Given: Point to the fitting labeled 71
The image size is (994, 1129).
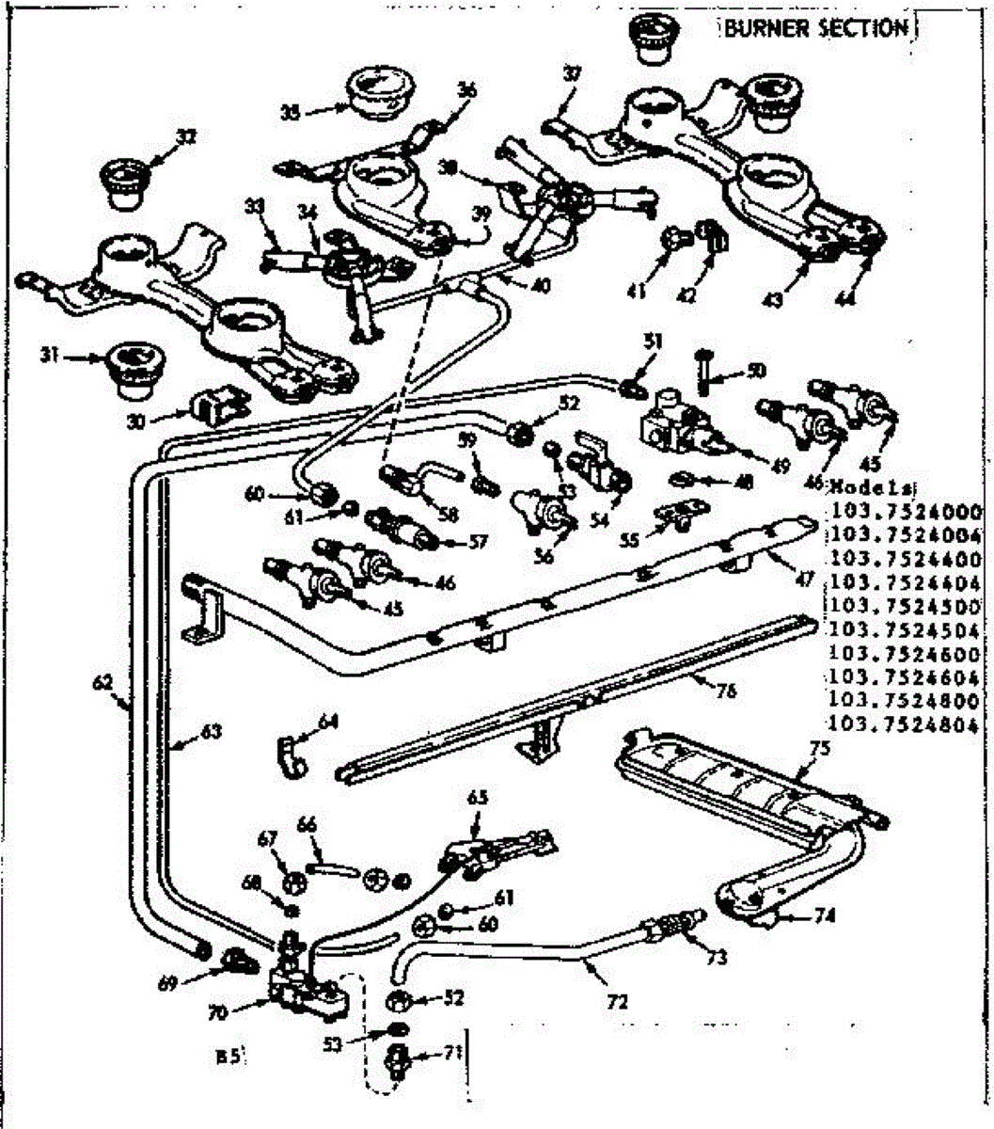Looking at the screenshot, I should click(396, 1058).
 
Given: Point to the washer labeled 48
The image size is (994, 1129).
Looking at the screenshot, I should click(682, 481).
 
